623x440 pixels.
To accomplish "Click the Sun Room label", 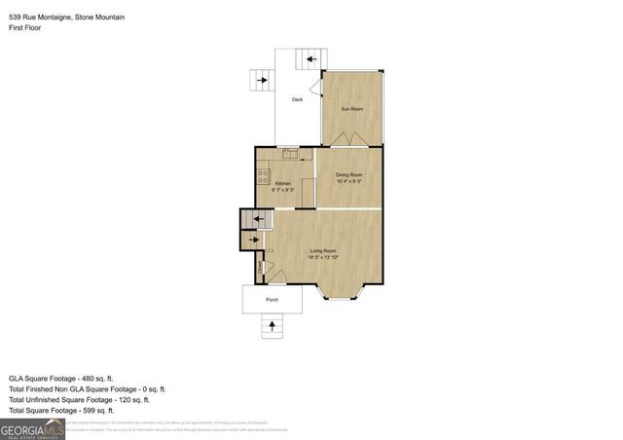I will (x=351, y=108).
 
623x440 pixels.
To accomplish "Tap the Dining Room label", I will (x=348, y=174).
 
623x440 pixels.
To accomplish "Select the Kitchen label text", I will (x=282, y=183).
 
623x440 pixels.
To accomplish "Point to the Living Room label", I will (x=323, y=253).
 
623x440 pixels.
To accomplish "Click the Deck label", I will (x=298, y=99).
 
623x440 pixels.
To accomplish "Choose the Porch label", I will (x=272, y=300).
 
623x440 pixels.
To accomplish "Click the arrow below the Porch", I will (x=272, y=329).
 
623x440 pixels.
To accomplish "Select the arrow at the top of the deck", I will (x=312, y=59).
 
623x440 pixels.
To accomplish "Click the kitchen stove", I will (x=262, y=176).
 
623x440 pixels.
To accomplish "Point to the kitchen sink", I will (x=289, y=153).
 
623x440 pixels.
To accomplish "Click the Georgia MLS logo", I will (x=32, y=427).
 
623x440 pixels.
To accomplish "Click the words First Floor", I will (x=27, y=29).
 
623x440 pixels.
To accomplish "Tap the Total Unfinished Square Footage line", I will (x=79, y=399).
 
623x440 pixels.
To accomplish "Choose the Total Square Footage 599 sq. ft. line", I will (x=70, y=411).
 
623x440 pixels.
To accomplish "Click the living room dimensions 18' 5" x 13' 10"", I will (x=323, y=259).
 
